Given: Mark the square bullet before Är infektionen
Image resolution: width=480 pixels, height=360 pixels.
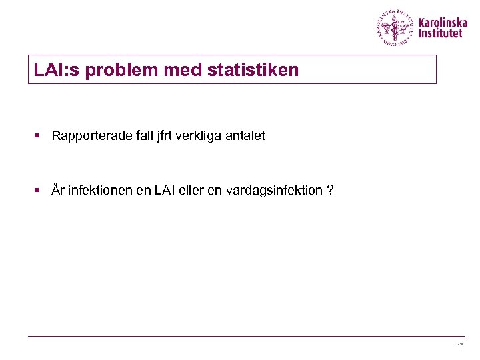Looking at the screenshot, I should [39, 191].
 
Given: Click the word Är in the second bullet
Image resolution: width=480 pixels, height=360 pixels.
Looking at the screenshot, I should [58, 191].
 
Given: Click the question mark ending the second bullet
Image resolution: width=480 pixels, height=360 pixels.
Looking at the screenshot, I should [330, 191].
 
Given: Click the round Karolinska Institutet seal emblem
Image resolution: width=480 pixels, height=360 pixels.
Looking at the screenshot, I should [394, 28].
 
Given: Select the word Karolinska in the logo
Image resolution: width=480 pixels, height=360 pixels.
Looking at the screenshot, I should [443, 22].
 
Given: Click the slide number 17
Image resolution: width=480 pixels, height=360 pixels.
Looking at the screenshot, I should [459, 345].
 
